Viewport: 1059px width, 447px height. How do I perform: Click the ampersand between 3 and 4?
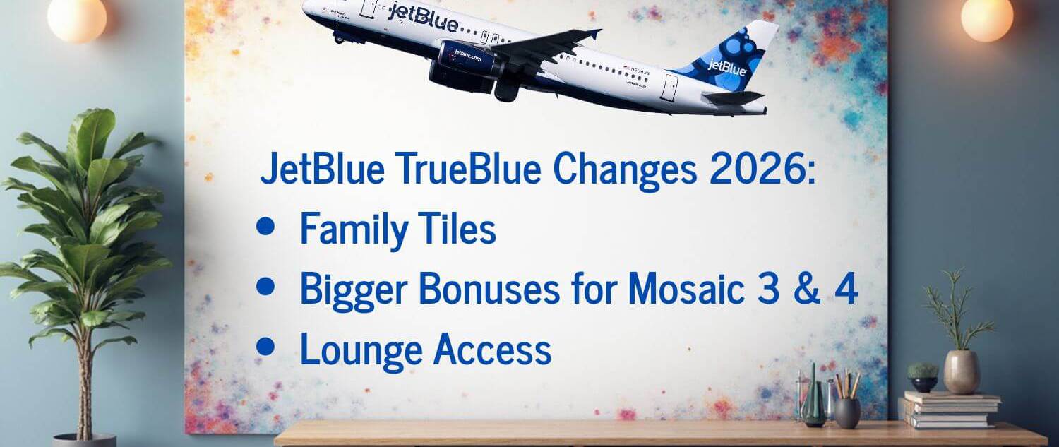coord(806,289)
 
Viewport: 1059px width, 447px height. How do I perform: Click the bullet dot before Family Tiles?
coord(265,226)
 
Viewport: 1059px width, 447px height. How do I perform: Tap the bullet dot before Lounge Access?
coord(265,346)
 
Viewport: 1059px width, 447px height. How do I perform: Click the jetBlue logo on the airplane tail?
coord(726,68)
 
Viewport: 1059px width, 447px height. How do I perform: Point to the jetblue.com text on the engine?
coord(467,55)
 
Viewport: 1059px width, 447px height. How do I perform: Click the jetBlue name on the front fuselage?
coord(422,18)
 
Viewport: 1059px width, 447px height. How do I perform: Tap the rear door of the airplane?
coord(669,87)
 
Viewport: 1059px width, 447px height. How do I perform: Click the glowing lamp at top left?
coord(77,19)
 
